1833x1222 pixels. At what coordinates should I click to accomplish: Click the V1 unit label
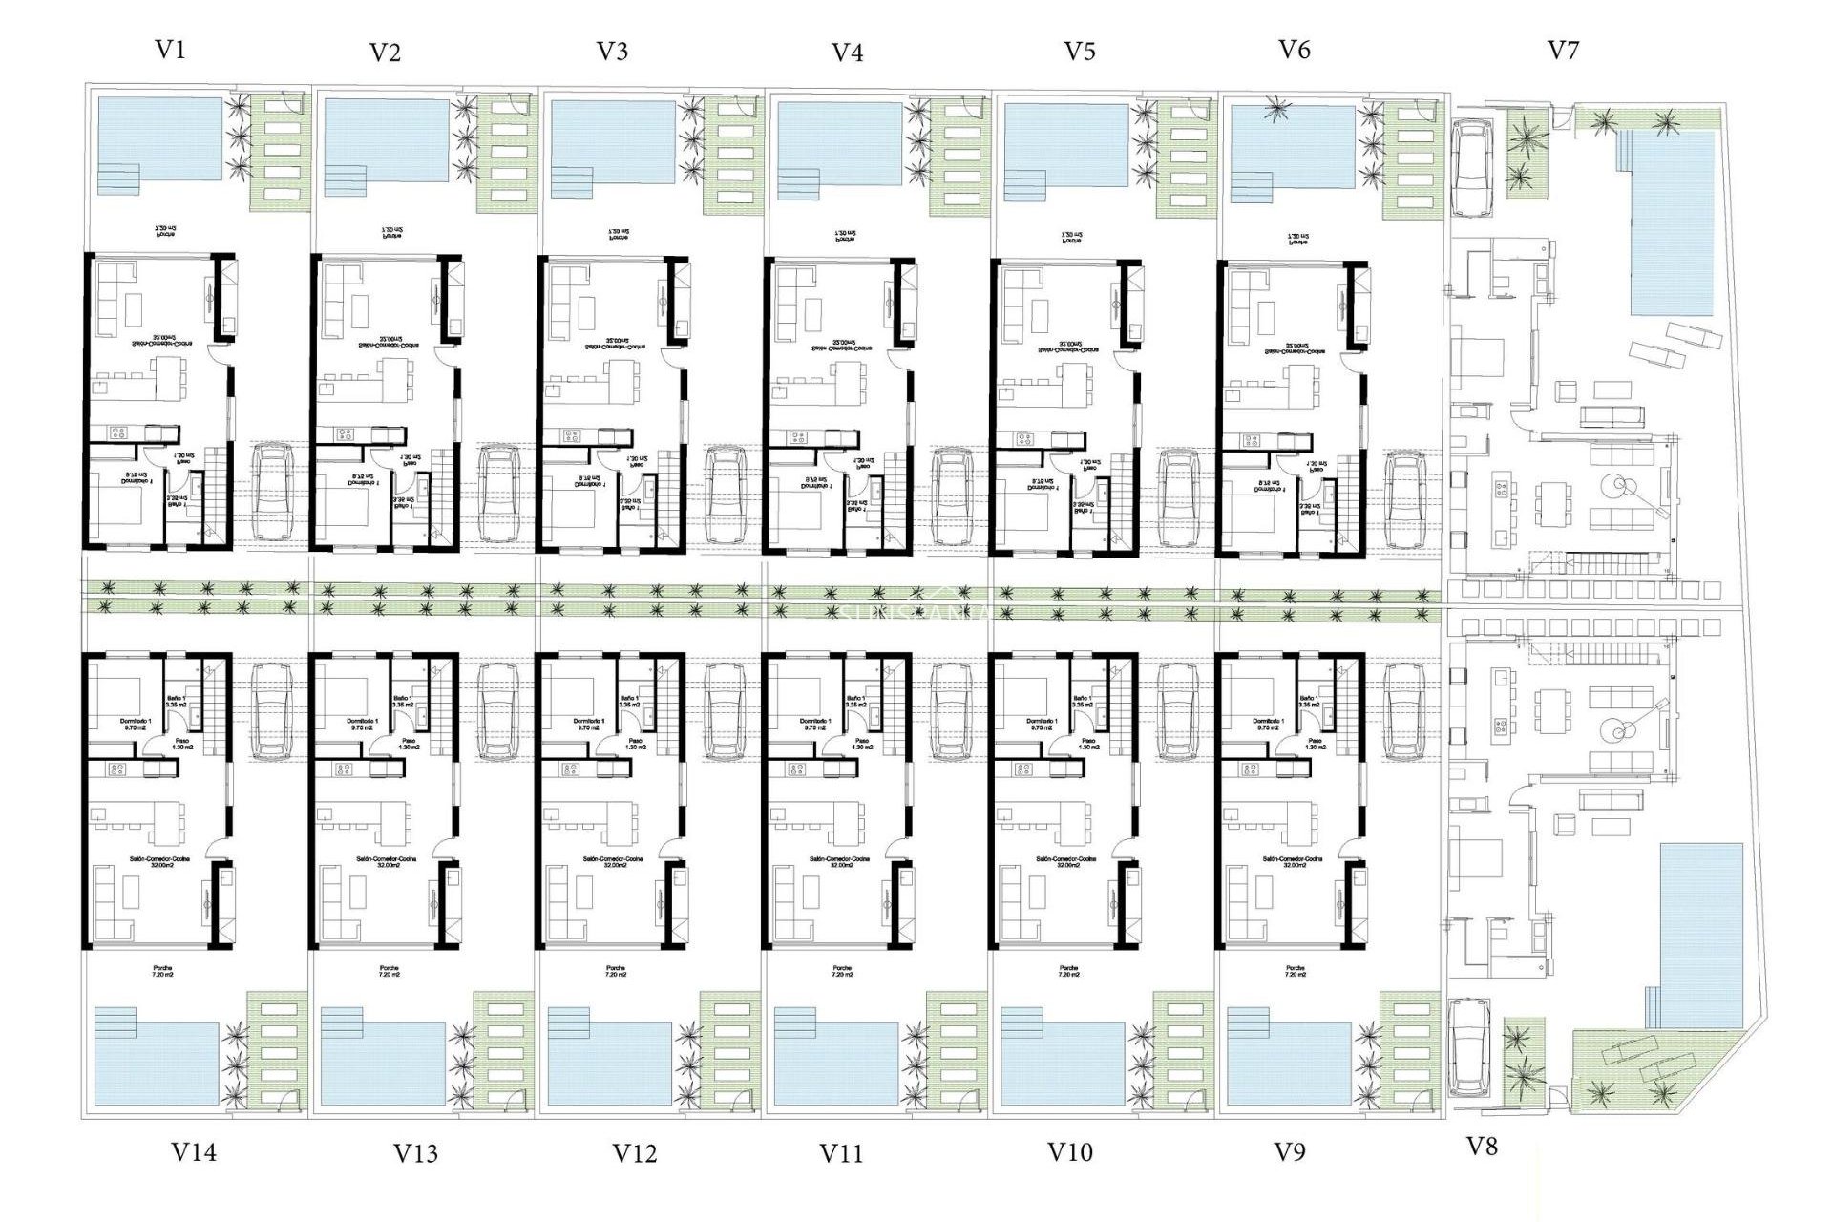click(170, 50)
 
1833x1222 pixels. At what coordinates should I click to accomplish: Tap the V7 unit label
click(1563, 50)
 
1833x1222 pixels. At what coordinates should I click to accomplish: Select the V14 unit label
click(194, 1152)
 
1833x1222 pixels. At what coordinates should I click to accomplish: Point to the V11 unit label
click(841, 1153)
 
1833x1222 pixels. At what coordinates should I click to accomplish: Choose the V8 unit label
click(1481, 1147)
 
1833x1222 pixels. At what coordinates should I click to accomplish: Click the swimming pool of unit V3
click(613, 141)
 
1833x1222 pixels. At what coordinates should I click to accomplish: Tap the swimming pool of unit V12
click(611, 1064)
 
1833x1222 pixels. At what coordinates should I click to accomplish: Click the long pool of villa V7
click(1672, 224)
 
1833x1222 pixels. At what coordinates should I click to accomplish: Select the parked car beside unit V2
click(498, 494)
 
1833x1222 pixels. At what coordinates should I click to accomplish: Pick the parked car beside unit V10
click(1178, 711)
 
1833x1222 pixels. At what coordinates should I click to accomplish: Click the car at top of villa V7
click(1471, 167)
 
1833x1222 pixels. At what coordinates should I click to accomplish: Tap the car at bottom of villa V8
click(1468, 1047)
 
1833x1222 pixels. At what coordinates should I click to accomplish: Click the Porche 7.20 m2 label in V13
click(389, 972)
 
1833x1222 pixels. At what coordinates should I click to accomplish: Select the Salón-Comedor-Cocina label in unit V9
click(1293, 861)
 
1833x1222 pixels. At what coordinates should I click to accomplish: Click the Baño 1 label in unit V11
click(855, 702)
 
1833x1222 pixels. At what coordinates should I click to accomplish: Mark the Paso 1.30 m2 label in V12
click(635, 744)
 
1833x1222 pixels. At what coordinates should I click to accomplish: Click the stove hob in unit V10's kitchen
click(1022, 769)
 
